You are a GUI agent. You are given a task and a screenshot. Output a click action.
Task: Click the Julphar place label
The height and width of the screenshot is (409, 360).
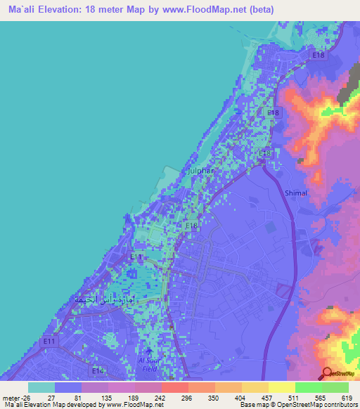coord(200,171)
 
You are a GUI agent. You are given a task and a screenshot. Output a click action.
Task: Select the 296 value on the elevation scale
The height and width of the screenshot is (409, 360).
coord(187,397)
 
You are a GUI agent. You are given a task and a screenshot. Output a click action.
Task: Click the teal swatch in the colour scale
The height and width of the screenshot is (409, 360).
coord(41,387)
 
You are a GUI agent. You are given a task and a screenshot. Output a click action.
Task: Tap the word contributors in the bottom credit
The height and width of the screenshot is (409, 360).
coord(337,405)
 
